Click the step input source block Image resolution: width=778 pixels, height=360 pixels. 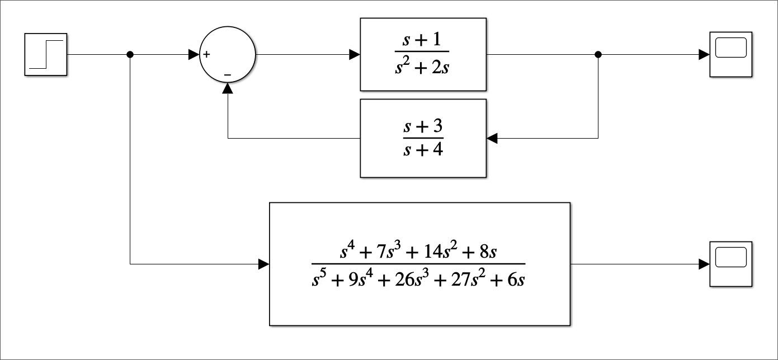pos(46,54)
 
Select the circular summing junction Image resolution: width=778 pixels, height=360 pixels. pos(228,54)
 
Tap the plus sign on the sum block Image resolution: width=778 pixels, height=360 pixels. pos(206,54)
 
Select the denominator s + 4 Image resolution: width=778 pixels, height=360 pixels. pos(423,150)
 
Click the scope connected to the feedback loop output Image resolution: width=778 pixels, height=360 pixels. pos(731,54)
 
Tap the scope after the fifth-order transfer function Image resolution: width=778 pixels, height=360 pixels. pos(731,264)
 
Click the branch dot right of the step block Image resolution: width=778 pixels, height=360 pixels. pos(130,54)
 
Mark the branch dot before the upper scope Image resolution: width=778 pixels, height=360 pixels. pos(598,54)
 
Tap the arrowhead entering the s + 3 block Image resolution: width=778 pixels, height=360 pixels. pos(492,138)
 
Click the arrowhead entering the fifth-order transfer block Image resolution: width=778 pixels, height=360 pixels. pos(264,264)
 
